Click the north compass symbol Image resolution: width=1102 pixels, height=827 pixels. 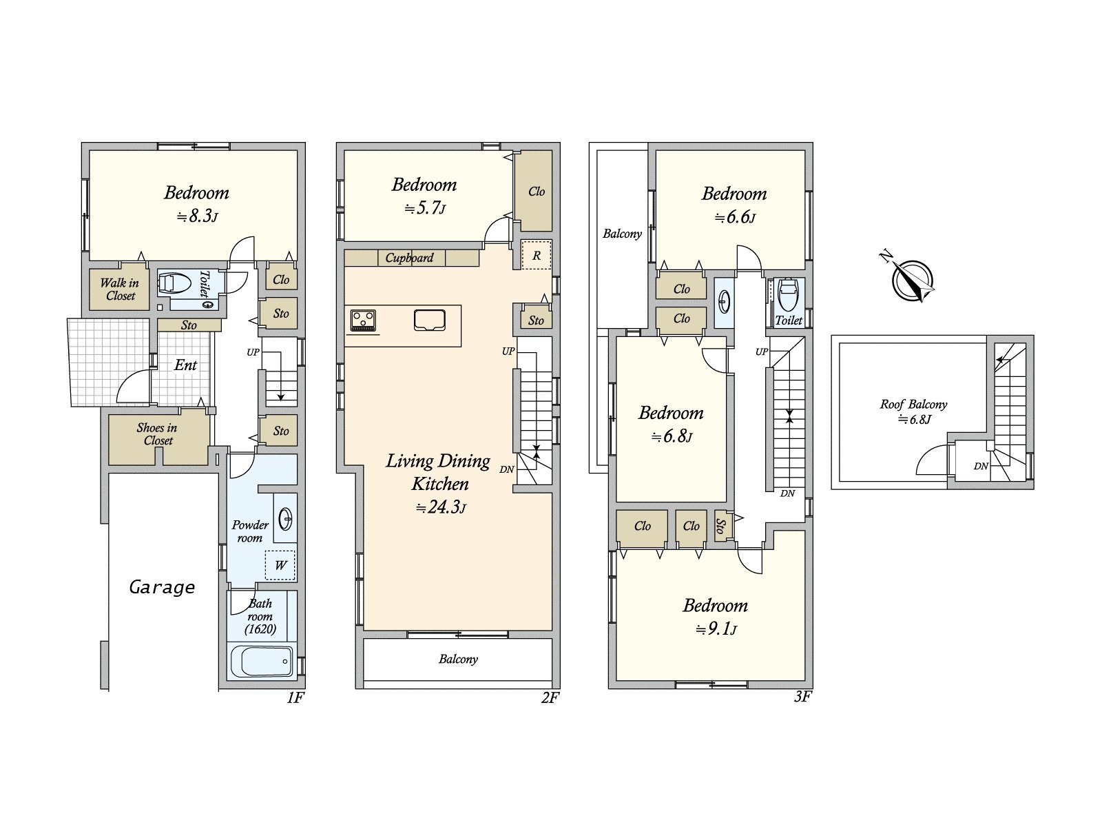coord(911,280)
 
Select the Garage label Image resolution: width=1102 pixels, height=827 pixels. coord(162,587)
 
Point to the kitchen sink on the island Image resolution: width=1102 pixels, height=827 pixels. coord(429,320)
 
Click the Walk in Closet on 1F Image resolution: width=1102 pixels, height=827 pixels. coord(119,289)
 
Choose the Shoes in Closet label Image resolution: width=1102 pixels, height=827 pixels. coord(157,434)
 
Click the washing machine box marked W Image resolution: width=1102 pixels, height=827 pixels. coord(280,565)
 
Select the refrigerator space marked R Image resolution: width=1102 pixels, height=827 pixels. coord(536,254)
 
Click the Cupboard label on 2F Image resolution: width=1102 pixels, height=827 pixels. coord(409,258)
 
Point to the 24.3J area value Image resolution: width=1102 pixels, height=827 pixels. coord(441,507)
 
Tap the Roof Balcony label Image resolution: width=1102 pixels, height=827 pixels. coord(913,405)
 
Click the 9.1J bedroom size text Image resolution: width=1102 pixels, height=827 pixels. coord(716,629)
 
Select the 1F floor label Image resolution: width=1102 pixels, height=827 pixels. coord(295,697)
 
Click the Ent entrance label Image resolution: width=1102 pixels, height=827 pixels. coord(185,365)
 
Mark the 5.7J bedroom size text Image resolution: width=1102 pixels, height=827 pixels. coord(425,208)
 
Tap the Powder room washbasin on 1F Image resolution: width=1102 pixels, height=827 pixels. coord(285,519)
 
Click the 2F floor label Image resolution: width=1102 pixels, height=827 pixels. coord(550,697)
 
